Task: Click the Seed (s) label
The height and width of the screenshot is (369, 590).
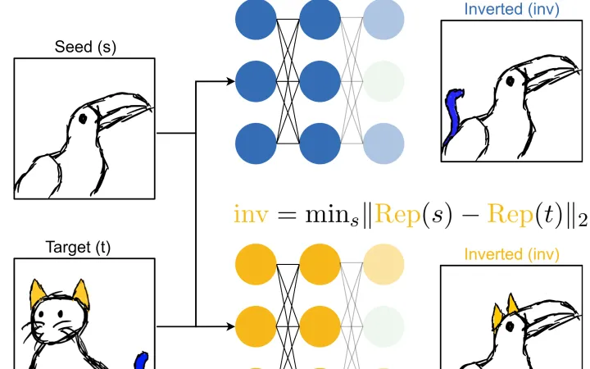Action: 85,47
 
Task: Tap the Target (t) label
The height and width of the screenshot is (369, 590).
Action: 78,248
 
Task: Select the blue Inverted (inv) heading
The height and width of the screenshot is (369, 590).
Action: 511,9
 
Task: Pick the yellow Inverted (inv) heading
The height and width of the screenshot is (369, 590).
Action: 511,254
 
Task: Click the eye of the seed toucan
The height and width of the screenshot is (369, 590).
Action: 83,119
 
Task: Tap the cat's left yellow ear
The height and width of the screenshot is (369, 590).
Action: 38,293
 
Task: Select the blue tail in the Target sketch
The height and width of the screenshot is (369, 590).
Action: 142,360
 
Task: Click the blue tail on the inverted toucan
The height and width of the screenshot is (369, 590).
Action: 453,115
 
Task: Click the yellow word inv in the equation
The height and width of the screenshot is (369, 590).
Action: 251,215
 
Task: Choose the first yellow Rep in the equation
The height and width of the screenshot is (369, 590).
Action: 397,216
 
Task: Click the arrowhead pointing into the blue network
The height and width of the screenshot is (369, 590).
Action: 230,81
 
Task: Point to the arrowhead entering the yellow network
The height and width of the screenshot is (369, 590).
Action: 230,326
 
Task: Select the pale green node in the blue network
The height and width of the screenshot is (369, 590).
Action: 383,81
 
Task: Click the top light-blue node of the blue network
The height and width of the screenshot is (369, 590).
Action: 383,19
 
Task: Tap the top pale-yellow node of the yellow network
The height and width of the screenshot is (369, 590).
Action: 383,264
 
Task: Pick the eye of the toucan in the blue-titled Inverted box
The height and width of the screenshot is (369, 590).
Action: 511,81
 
